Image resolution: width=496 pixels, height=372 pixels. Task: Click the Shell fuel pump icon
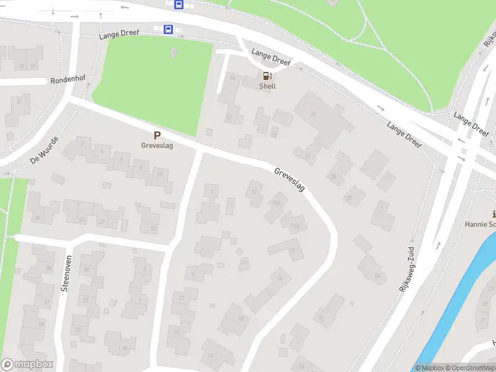click(267, 76)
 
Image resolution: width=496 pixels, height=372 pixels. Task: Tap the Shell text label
click(267, 87)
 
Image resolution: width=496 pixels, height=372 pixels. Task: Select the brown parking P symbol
click(157, 136)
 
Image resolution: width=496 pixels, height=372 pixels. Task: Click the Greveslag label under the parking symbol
click(157, 146)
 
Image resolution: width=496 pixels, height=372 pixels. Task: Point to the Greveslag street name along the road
click(290, 179)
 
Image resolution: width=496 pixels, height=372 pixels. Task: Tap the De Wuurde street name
click(43, 151)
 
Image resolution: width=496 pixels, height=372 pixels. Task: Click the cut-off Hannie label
click(480, 224)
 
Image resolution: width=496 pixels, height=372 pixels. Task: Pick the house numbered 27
click(348, 198)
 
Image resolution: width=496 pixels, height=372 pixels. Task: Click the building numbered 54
click(378, 275)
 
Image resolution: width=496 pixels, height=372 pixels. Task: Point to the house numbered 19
click(211, 355)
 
